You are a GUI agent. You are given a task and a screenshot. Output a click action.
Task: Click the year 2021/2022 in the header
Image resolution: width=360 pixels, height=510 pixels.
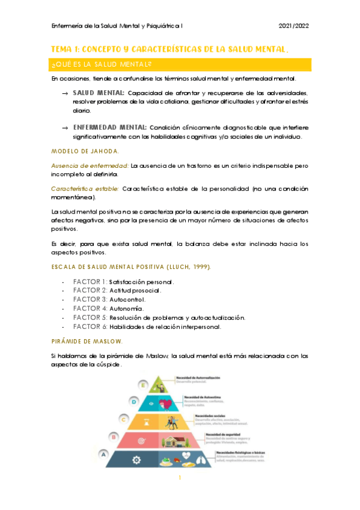[294, 26]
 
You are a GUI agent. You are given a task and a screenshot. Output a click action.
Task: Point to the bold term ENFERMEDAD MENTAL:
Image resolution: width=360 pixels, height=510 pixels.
[110, 127]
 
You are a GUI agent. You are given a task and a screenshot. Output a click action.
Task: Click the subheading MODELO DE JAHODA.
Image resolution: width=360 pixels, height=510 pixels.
[85, 150]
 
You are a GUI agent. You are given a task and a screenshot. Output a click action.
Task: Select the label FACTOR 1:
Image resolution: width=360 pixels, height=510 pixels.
[90, 282]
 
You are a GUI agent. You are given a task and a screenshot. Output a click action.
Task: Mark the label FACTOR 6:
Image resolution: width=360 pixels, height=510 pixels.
[90, 327]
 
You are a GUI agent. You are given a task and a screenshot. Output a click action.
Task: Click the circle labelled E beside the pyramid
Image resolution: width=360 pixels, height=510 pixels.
[143, 383]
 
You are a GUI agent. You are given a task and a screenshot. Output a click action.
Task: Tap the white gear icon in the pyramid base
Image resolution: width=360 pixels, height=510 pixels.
[136, 460]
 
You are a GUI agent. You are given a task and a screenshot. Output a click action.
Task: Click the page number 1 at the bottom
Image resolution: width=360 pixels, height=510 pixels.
[180, 495]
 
